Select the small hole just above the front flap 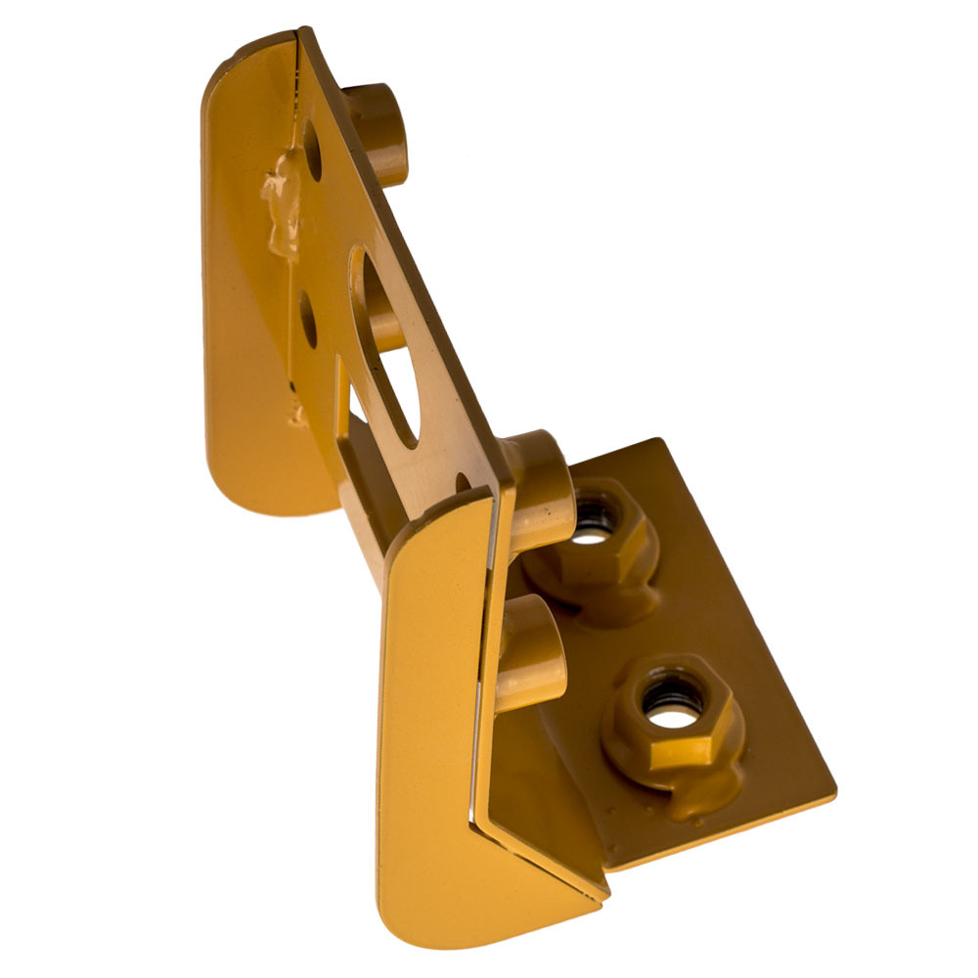tap(463, 481)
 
